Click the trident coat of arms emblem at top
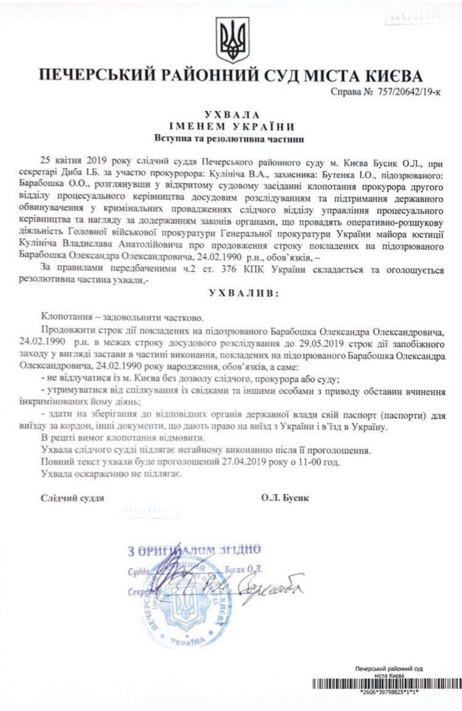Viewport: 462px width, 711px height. point(231,38)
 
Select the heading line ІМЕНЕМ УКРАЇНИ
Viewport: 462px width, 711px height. point(231,126)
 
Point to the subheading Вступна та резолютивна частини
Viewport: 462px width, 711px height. point(231,139)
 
